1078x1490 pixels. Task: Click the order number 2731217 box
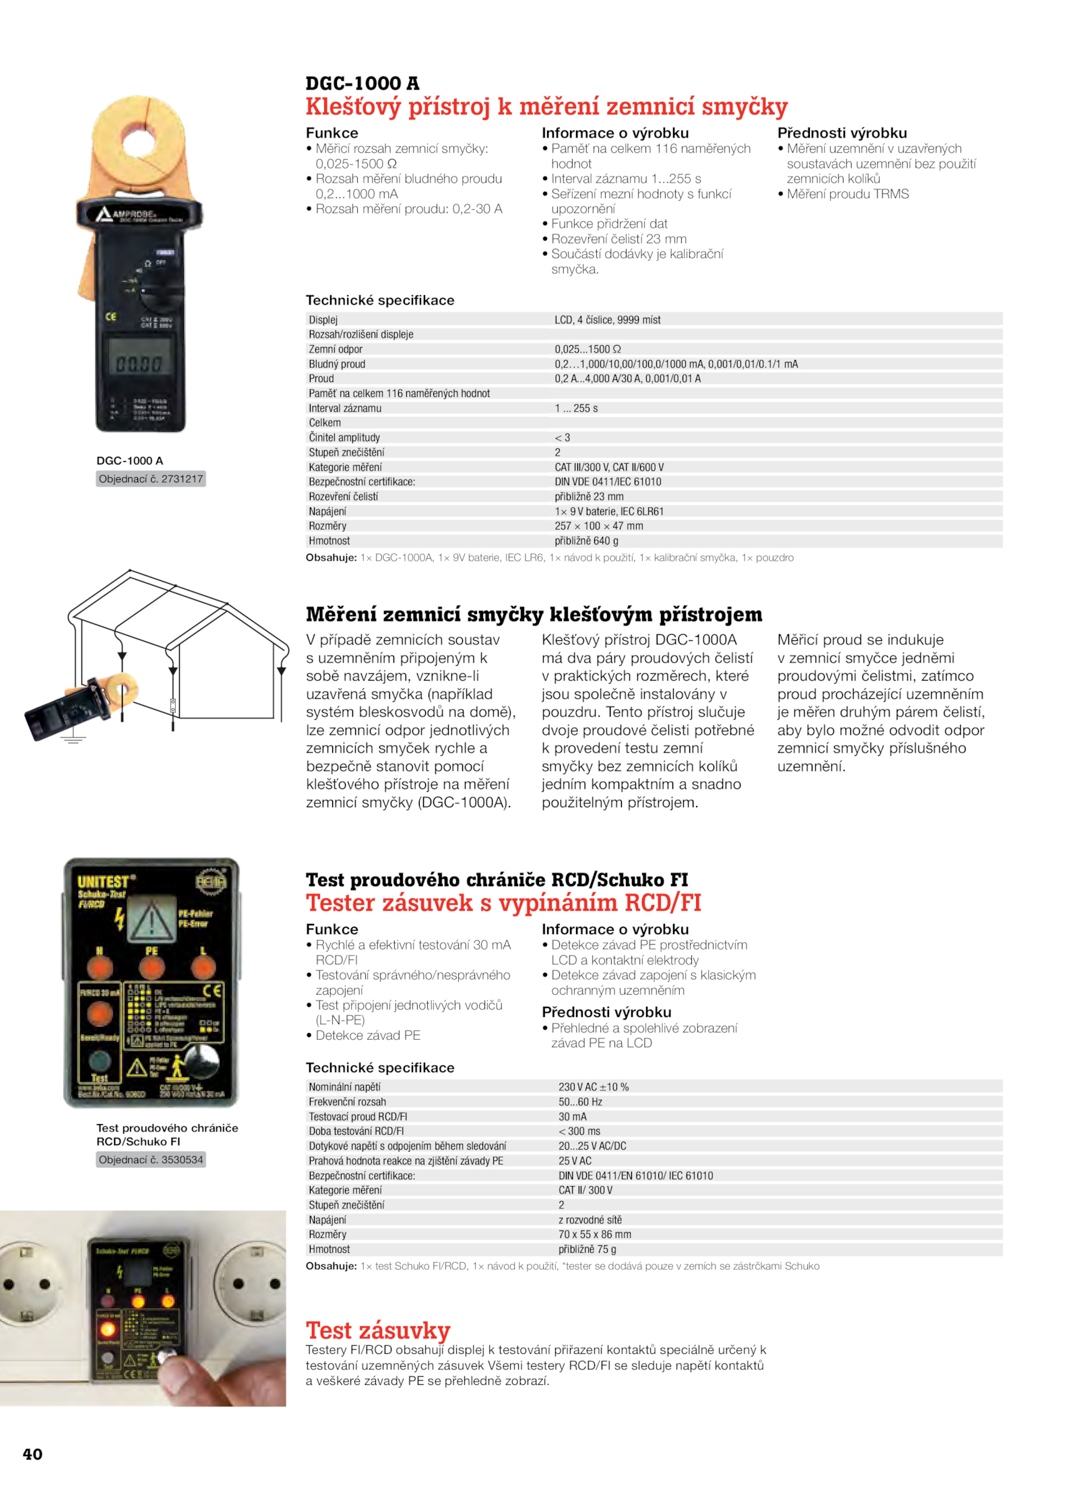[x=150, y=478]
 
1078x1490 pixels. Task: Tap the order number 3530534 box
[x=150, y=1159]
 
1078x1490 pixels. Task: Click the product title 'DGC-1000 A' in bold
[x=362, y=84]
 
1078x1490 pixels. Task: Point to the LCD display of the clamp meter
[x=139, y=363]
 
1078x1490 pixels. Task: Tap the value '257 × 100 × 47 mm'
[x=598, y=526]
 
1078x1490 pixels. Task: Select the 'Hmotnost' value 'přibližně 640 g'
[x=586, y=540]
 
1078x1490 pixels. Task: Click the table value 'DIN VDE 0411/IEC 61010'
[x=608, y=481]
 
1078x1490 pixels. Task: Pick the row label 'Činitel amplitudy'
[x=344, y=437]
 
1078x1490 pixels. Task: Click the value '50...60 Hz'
[x=579, y=1101]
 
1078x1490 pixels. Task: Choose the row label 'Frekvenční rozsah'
[x=347, y=1101]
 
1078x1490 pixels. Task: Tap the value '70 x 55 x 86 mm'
[x=594, y=1234]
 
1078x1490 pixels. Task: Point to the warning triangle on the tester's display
[x=152, y=920]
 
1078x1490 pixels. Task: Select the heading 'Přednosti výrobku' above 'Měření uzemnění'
[x=842, y=133]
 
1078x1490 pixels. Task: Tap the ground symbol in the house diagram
[x=73, y=739]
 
